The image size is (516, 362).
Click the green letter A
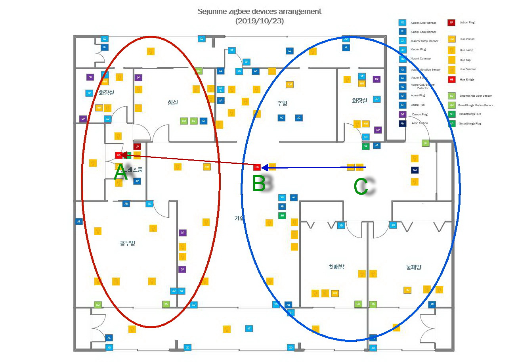click(x=121, y=173)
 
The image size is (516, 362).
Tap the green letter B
click(x=259, y=184)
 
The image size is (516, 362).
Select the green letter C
click(x=361, y=187)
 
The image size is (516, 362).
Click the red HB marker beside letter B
click(x=257, y=167)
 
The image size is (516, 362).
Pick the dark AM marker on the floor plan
click(x=415, y=170)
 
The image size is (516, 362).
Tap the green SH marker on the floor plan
click(x=282, y=216)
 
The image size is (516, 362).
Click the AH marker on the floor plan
click(x=293, y=197)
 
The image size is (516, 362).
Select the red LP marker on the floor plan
click(x=137, y=146)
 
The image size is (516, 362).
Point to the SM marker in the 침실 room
click(x=183, y=121)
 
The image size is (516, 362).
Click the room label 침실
click(x=173, y=103)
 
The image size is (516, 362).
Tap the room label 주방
click(x=282, y=103)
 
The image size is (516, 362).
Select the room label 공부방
click(x=128, y=243)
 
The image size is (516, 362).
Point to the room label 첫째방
click(x=336, y=267)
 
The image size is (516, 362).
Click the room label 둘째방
click(x=414, y=267)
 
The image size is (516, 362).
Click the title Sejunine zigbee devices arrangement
click(x=259, y=11)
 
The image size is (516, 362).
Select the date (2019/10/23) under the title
click(x=259, y=21)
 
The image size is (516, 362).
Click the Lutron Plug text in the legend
click(x=467, y=23)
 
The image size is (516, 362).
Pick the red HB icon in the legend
click(x=451, y=79)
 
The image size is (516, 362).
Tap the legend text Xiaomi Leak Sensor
click(x=423, y=32)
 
